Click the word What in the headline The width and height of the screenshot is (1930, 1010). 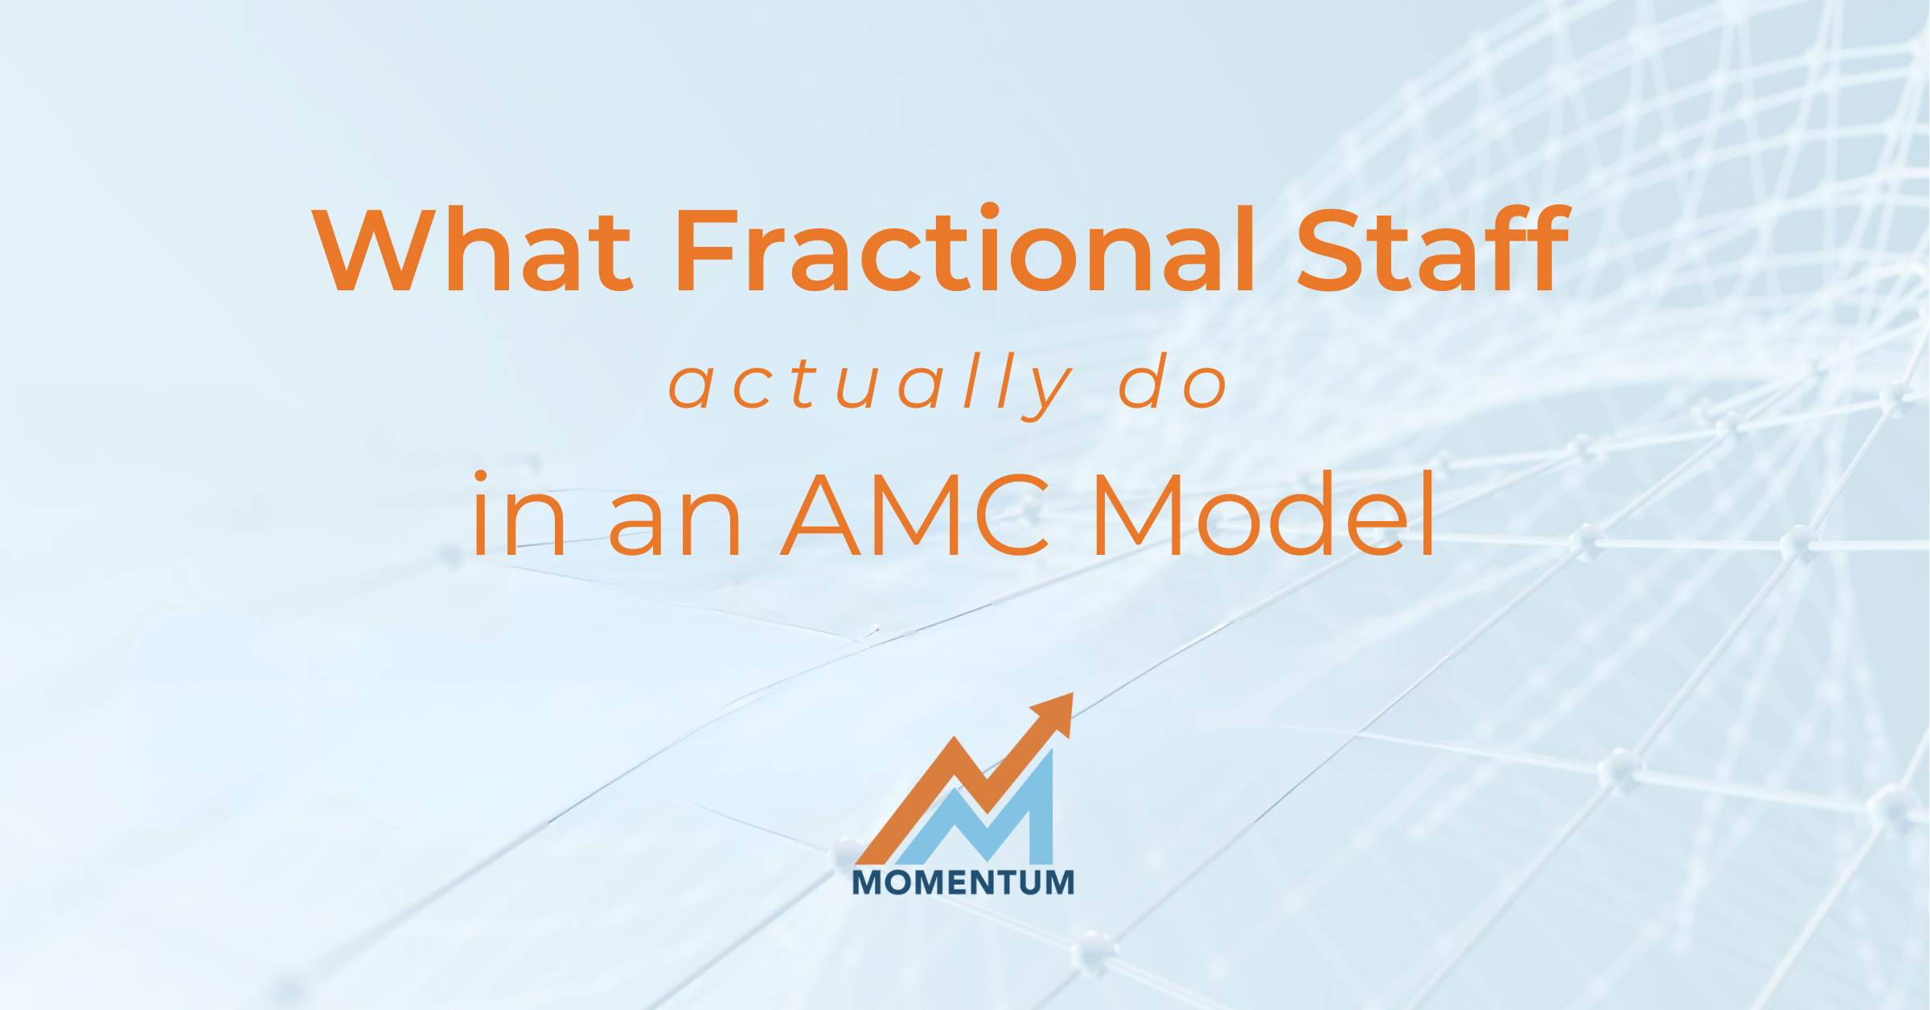(x=472, y=249)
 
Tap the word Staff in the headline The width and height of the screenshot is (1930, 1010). (x=1433, y=248)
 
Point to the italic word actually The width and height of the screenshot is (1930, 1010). (x=871, y=386)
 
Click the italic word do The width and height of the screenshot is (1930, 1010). (x=1173, y=381)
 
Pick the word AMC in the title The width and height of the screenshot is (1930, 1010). (x=915, y=515)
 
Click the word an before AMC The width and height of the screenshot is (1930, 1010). (x=674, y=524)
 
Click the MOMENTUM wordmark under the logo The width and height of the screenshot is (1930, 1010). (x=963, y=883)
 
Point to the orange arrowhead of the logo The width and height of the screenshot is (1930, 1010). (x=1055, y=713)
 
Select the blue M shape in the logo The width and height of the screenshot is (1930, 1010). (x=973, y=806)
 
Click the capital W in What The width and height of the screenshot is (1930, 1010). (x=373, y=249)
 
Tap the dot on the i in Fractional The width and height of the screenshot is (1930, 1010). (x=989, y=211)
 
